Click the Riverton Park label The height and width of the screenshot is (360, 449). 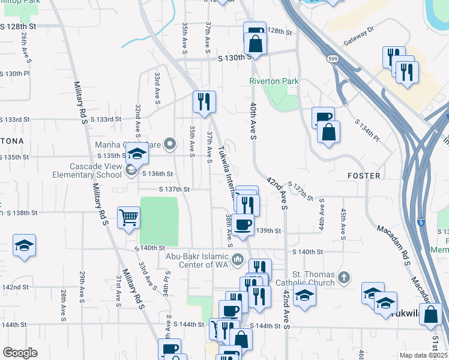click(x=274, y=81)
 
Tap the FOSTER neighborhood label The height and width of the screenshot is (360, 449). click(x=364, y=176)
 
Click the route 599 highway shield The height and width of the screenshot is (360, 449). click(x=332, y=59)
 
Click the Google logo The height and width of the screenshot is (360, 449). click(x=20, y=353)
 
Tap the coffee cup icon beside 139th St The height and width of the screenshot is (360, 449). click(x=243, y=226)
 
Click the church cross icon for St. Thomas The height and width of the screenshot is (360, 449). click(x=343, y=278)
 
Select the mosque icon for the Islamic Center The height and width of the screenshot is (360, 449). click(x=238, y=260)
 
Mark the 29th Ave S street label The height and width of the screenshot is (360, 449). click(x=82, y=286)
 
